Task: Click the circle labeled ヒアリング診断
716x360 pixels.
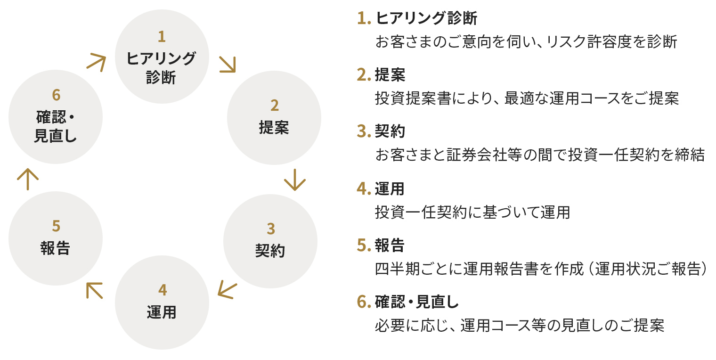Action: click(x=162, y=57)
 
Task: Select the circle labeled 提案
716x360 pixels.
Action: click(x=274, y=117)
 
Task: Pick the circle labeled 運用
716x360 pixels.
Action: click(x=162, y=302)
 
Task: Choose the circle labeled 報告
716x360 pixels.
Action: click(x=56, y=238)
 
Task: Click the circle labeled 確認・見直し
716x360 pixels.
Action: click(x=56, y=117)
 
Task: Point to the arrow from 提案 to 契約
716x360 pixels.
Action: click(x=295, y=180)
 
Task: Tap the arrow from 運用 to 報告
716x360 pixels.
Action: click(x=94, y=290)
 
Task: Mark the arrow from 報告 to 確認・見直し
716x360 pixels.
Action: click(x=27, y=180)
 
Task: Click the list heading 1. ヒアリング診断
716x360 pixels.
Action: click(x=417, y=18)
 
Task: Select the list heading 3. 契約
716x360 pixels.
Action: click(x=381, y=131)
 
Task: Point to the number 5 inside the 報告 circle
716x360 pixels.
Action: click(x=56, y=227)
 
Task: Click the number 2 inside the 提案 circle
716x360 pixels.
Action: click(x=274, y=105)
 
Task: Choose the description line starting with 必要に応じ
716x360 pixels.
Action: click(x=520, y=326)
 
